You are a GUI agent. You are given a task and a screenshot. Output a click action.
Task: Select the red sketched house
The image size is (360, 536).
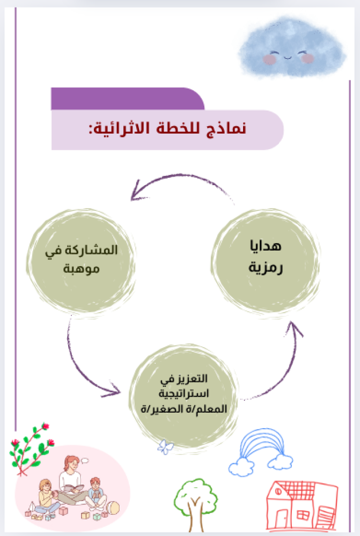302,504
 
